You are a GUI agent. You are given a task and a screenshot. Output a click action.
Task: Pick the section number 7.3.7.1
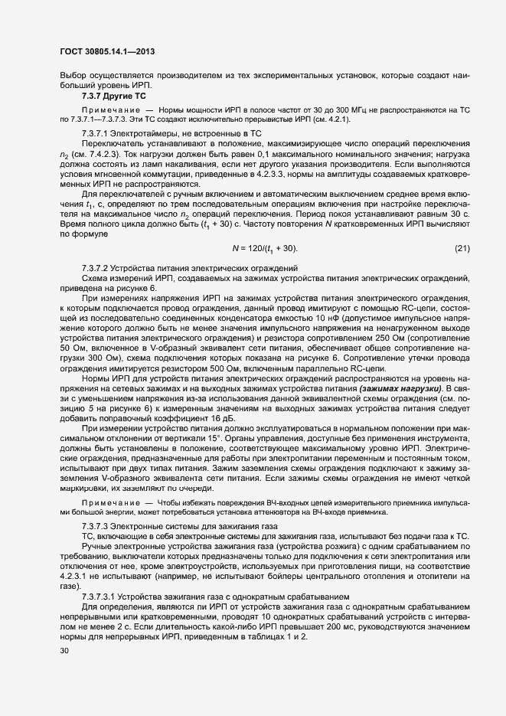[96, 134]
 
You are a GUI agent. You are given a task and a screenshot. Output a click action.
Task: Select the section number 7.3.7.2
[96, 268]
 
